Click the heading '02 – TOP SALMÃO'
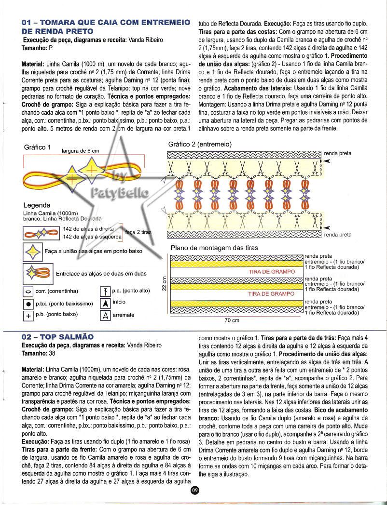tap(58, 336)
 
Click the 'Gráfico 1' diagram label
tap(37, 147)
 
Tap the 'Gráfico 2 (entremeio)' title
tap(199, 144)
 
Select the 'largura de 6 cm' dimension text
tap(81, 151)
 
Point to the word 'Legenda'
tap(37, 205)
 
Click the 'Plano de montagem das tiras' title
tap(214, 248)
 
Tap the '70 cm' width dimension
tap(232, 320)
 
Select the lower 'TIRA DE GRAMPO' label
tap(271, 293)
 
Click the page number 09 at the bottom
tap(194, 491)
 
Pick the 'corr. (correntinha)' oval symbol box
tap(28, 292)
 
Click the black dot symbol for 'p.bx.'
tap(28, 304)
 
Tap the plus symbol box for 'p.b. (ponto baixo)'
tap(28, 316)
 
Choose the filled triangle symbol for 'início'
tap(104, 303)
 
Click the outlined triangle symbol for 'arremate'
tap(104, 316)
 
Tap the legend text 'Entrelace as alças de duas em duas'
tap(101, 274)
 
